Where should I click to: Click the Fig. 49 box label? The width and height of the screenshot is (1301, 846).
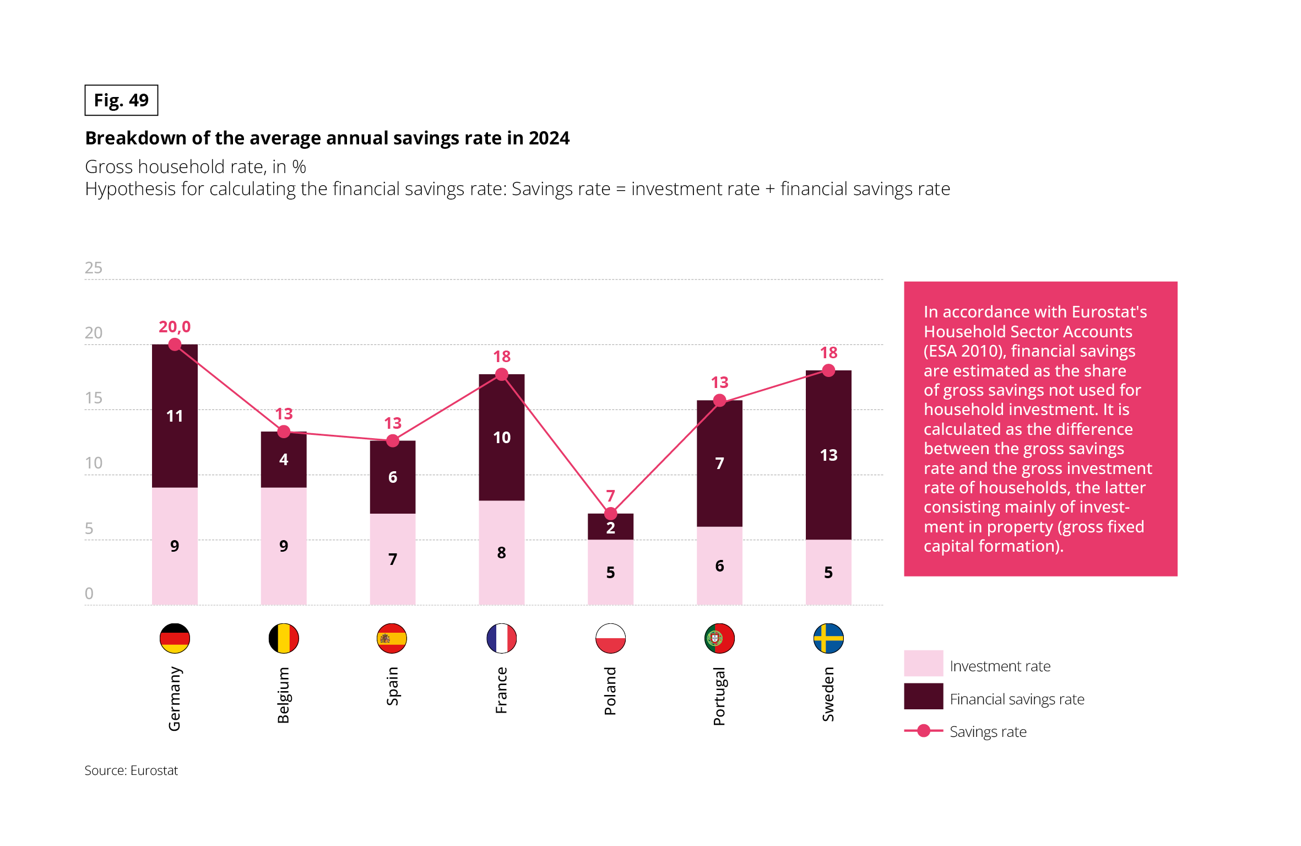[x=121, y=100]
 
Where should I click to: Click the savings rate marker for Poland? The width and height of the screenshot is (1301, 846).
[x=610, y=514]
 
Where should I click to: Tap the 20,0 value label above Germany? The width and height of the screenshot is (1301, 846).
[x=175, y=327]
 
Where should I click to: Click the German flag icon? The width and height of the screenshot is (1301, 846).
[x=175, y=638]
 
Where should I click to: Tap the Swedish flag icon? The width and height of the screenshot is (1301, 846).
[x=828, y=638]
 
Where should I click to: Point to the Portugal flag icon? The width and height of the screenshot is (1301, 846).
[x=719, y=638]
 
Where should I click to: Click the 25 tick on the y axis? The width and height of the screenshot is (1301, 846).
[x=94, y=268]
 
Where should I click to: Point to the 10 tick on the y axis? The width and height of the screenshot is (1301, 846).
[x=94, y=463]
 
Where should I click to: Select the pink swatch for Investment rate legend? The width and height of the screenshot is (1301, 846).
[x=923, y=663]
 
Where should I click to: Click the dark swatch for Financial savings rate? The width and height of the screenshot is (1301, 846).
[x=923, y=696]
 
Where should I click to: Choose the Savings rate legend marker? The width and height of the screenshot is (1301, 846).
[x=924, y=731]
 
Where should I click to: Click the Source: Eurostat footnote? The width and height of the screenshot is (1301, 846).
[x=131, y=770]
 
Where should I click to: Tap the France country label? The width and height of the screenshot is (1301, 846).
[x=501, y=690]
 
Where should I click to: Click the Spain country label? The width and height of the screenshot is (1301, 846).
[x=392, y=686]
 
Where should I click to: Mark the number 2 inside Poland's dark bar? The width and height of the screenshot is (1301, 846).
[x=610, y=528]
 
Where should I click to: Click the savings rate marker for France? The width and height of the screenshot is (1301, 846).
[x=501, y=375]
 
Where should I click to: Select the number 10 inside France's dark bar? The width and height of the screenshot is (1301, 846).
[x=501, y=438]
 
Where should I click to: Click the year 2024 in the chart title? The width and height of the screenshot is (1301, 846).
[x=549, y=138]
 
